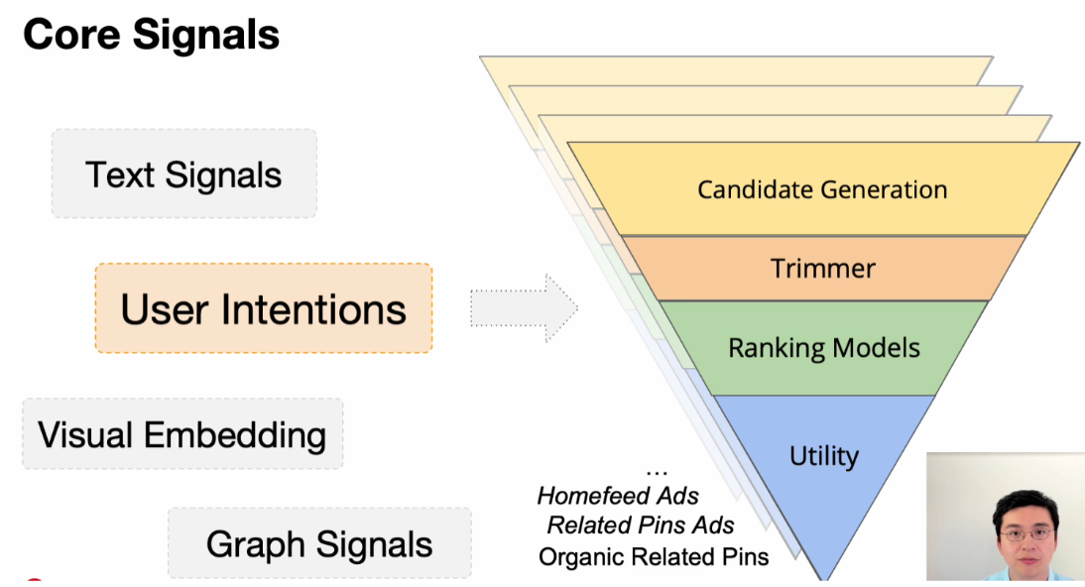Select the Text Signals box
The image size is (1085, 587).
point(183,175)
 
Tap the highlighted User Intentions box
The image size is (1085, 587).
point(263,308)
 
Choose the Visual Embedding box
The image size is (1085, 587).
point(181,434)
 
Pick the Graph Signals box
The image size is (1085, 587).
point(319,543)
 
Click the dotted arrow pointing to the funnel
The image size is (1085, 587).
point(523,307)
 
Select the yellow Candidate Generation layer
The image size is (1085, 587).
point(822,188)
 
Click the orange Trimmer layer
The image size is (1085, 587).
point(822,268)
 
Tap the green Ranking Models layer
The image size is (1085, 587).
point(823,348)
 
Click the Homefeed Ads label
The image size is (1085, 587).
point(618,496)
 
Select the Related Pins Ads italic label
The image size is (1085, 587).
point(641,526)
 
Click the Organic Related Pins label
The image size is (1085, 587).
point(654,556)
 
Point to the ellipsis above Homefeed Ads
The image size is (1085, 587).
point(656,471)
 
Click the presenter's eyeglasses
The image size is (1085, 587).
point(1025,533)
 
